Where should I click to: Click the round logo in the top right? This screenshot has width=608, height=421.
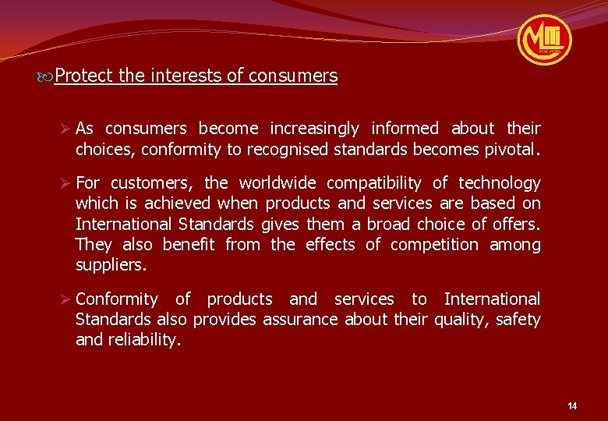pos(544,39)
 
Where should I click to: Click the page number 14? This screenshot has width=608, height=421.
pos(572,406)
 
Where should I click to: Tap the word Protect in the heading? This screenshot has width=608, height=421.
pos(83,76)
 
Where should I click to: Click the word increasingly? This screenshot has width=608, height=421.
pos(314,129)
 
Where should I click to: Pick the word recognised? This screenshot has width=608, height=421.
pos(290,149)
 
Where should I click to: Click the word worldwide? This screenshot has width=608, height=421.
pos(277,183)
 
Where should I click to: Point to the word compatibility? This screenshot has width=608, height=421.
pos(373,183)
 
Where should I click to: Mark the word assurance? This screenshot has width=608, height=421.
pos(300,319)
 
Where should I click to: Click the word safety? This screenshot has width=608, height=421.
pos(518,319)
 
